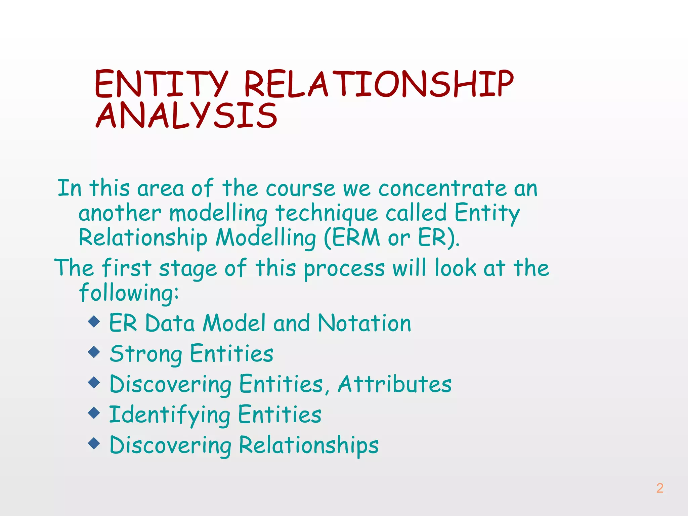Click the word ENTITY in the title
tap(161, 84)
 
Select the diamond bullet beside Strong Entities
tap(94, 352)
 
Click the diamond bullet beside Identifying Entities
tap(94, 413)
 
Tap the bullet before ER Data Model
tap(94, 321)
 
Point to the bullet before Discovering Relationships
tap(94, 443)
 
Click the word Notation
tap(364, 323)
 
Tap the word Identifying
tap(170, 415)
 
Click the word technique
tap(327, 213)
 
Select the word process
tap(344, 269)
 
